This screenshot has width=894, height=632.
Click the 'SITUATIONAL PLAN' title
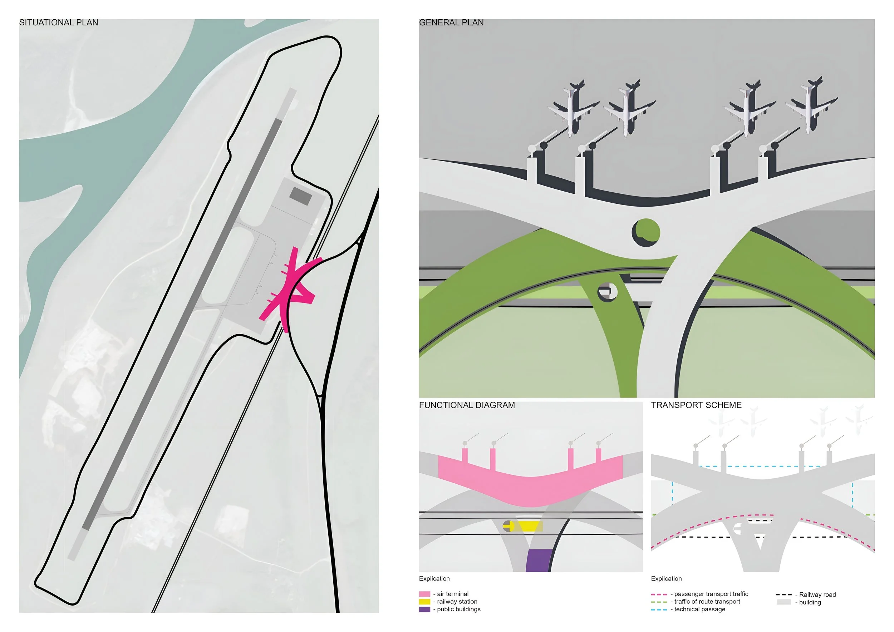[x=58, y=23]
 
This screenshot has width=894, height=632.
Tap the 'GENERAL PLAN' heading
[x=451, y=23]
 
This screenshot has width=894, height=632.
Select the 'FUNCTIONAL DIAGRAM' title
[x=467, y=405]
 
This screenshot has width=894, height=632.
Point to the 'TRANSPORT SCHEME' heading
[x=696, y=405]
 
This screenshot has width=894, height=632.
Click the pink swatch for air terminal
[x=424, y=594]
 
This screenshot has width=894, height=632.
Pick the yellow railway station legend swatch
[x=424, y=602]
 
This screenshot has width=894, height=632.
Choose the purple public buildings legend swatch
[x=424, y=609]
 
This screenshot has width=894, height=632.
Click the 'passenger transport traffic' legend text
[x=711, y=594]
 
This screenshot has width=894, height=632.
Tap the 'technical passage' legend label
[x=700, y=609]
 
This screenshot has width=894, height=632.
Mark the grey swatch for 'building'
[x=784, y=602]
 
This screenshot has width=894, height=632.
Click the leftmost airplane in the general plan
[x=573, y=108]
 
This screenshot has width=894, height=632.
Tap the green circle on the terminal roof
[x=646, y=232]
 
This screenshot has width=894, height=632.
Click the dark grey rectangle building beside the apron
[x=300, y=196]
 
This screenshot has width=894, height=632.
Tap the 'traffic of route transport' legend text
[x=707, y=602]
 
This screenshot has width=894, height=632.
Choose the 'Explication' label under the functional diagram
[x=434, y=579]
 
